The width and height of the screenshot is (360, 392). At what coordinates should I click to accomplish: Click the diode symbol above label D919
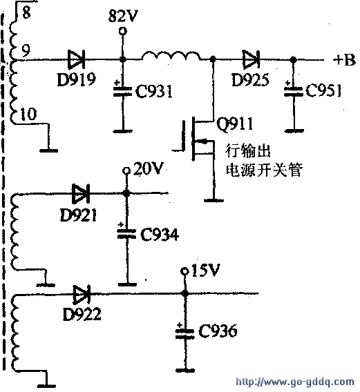pos(77,59)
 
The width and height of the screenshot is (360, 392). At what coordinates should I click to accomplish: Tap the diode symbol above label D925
pos(251,59)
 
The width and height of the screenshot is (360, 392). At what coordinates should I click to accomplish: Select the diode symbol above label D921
pos(81,193)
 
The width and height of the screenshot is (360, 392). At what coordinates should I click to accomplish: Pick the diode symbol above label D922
pos(82,294)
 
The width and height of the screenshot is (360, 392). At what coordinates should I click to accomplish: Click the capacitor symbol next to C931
pos(123,91)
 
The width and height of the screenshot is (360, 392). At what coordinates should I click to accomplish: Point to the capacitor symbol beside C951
pos(294,91)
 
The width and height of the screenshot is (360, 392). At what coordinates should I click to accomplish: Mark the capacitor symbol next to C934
pos(127,233)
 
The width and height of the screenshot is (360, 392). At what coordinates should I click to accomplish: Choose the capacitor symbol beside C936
pos(185,333)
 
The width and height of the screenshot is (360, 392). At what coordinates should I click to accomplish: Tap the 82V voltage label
pos(123,16)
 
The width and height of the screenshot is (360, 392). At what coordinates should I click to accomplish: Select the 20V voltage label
pos(148,168)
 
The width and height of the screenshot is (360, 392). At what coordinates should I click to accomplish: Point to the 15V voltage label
pos(205,270)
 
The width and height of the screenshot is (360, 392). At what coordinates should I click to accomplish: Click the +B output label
pos(344,60)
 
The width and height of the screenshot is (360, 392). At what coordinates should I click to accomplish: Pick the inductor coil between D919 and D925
pos(171,55)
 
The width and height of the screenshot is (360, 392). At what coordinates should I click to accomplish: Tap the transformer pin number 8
pos(26,12)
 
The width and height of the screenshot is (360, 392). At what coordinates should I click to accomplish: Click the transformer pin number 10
pos(28,114)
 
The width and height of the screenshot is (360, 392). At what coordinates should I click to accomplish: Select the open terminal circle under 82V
pos(123,31)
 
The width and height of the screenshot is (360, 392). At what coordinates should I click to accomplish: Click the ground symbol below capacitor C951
pos(294,130)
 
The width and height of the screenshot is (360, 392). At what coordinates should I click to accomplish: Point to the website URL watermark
pos(295,382)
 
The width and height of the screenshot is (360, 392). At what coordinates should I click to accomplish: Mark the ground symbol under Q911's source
pos(214,200)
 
